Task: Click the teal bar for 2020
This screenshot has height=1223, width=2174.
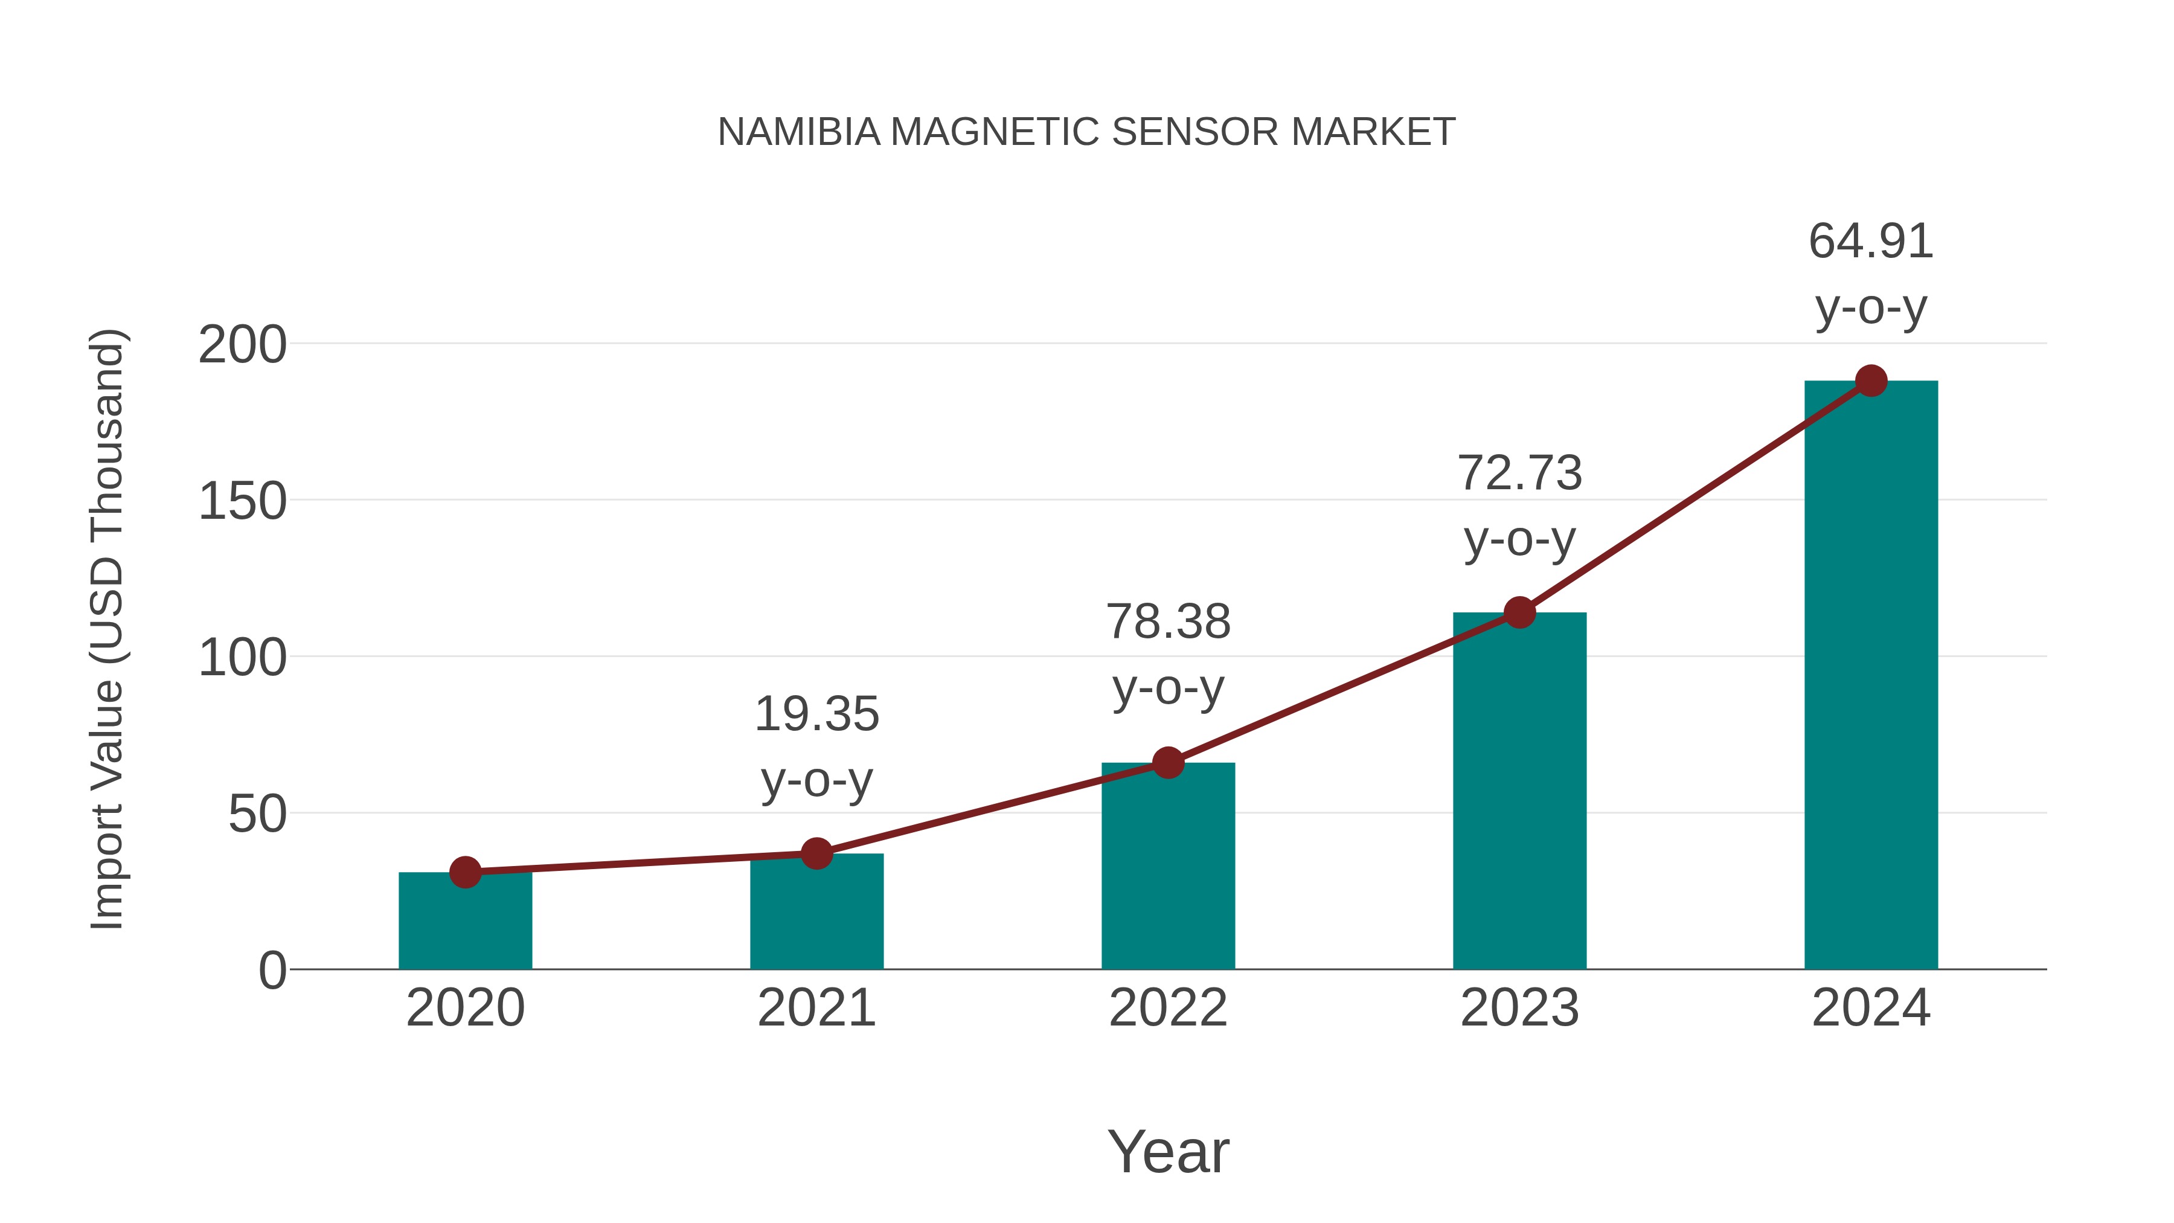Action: pyautogui.click(x=465, y=924)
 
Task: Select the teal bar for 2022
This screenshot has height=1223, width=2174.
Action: pyautogui.click(x=1168, y=869)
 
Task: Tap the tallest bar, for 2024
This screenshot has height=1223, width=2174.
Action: pyautogui.click(x=1871, y=675)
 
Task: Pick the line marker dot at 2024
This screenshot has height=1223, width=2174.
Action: pyautogui.click(x=1871, y=380)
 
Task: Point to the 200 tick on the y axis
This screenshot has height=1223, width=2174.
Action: pyautogui.click(x=242, y=345)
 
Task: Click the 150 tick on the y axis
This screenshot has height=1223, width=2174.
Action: pyautogui.click(x=242, y=502)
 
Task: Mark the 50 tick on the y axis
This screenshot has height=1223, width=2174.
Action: pyautogui.click(x=257, y=815)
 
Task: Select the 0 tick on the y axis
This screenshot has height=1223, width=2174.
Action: pyautogui.click(x=272, y=971)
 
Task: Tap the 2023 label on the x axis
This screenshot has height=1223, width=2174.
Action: pyautogui.click(x=1520, y=1008)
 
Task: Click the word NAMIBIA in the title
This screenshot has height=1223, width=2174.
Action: pyautogui.click(x=799, y=132)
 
